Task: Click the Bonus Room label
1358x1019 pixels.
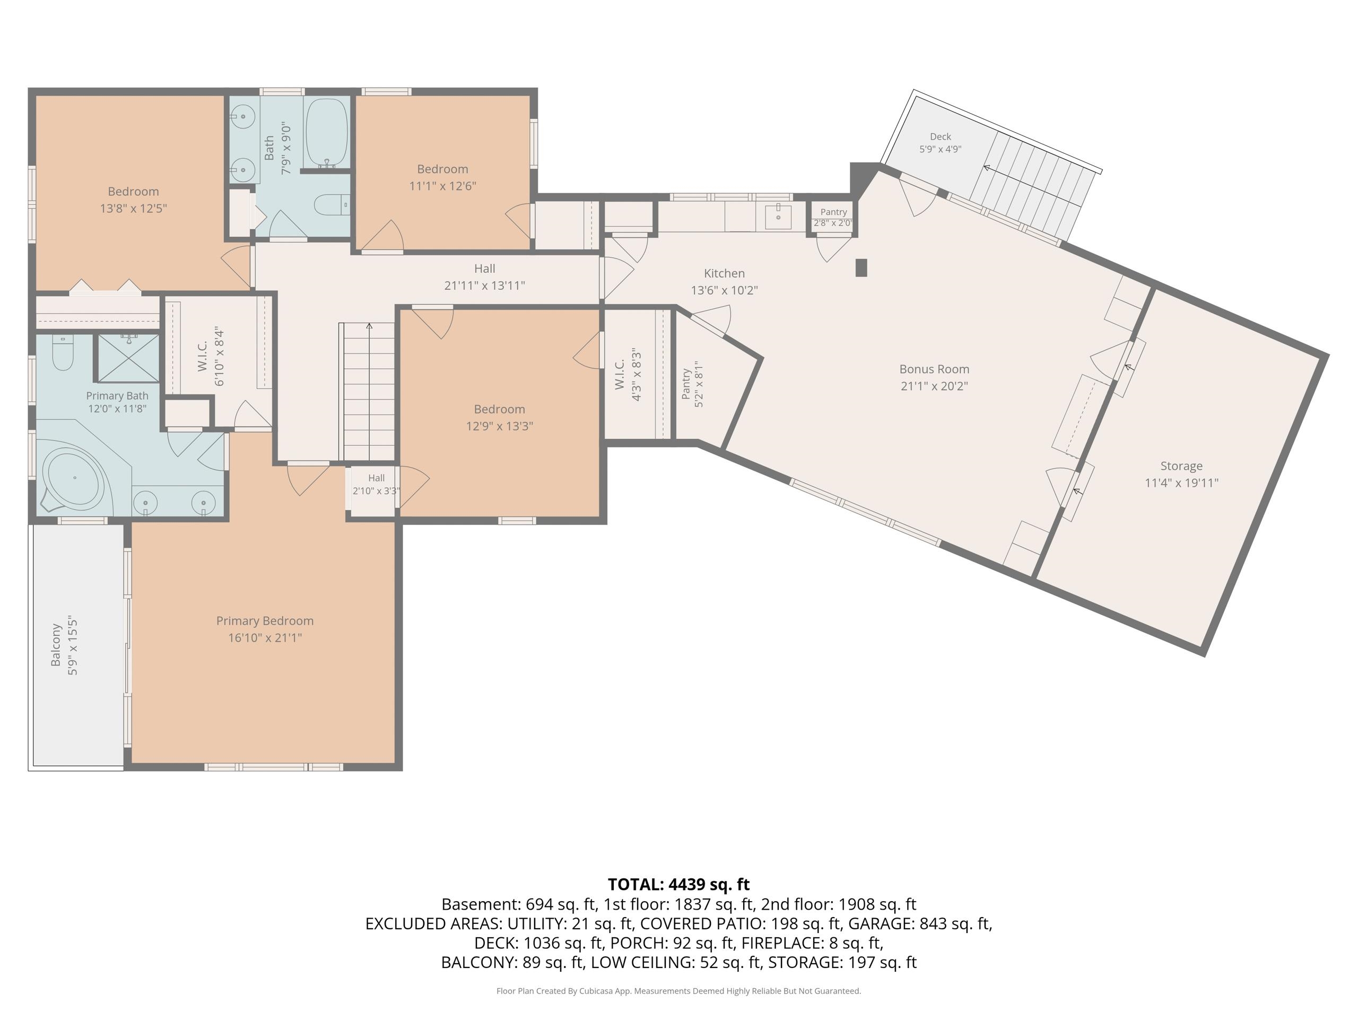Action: coord(934,369)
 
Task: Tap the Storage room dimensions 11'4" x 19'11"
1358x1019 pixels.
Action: coord(1181,483)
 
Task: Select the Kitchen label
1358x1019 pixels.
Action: coord(725,273)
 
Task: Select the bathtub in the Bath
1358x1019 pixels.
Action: coord(327,132)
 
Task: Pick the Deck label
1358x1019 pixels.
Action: coord(940,136)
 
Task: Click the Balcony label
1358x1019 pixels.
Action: coord(56,645)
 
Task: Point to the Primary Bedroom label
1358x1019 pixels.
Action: coord(265,621)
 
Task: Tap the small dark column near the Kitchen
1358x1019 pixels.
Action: coord(861,268)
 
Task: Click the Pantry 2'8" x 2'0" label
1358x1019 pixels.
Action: coord(833,218)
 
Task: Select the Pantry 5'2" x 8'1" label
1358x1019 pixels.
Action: coord(692,384)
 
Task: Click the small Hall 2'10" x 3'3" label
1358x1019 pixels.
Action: coord(376,485)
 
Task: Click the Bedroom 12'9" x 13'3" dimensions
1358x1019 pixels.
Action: coord(499,426)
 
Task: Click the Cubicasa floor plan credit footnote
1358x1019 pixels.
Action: coord(678,991)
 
